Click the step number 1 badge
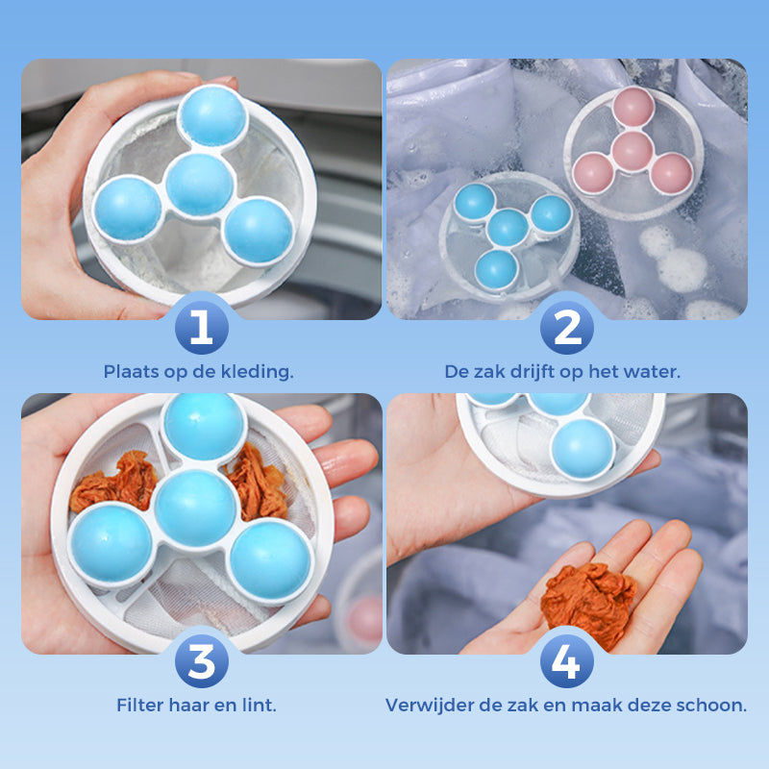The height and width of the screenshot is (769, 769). pos(201,328)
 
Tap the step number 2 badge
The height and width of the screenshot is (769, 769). pos(567,328)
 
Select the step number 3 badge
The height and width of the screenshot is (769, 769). pos(201,662)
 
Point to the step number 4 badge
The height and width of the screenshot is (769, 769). pos(567,662)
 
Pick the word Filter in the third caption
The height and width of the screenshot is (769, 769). pos(139,705)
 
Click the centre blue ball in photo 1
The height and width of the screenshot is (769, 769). pos(199,184)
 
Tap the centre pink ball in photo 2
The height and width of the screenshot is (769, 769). pos(633,150)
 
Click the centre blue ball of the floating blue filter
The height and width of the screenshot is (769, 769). pos(507,228)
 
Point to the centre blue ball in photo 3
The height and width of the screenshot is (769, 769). pos(195,508)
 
